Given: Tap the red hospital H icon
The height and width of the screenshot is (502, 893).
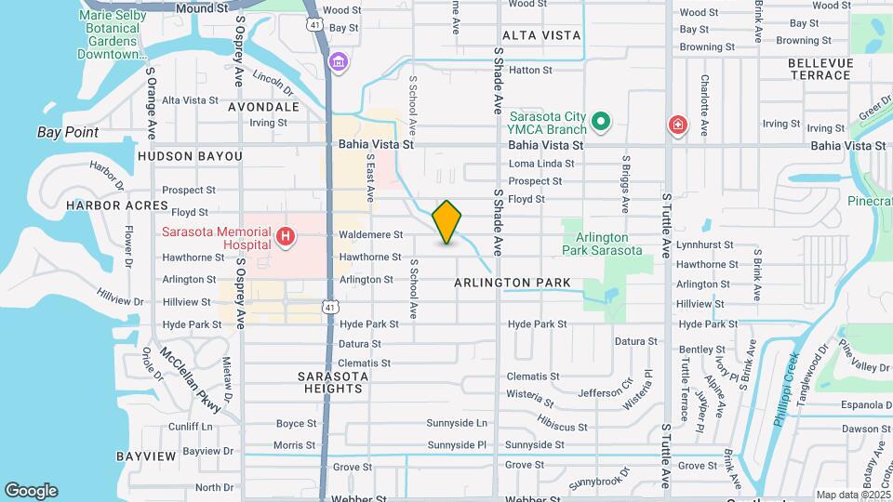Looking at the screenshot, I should tap(287, 239).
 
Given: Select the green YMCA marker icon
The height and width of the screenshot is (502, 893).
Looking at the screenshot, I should tap(601, 122).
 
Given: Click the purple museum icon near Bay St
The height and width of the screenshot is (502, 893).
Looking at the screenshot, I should tap(338, 62).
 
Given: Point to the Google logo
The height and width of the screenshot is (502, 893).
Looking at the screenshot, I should tap(31, 491).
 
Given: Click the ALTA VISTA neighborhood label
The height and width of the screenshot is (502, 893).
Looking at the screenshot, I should tap(541, 35).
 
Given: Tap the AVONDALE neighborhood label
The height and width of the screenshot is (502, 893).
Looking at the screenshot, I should tap(263, 107).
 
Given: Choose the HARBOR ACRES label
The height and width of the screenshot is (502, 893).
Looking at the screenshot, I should tap(103, 204).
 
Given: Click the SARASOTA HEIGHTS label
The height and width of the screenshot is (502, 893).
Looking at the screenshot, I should tap(333, 384).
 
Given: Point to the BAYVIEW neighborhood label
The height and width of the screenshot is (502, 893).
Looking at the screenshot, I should tap(146, 456).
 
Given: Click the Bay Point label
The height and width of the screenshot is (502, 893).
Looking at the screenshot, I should tap(68, 132).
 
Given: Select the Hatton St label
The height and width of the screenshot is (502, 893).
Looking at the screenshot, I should tap(531, 70).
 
